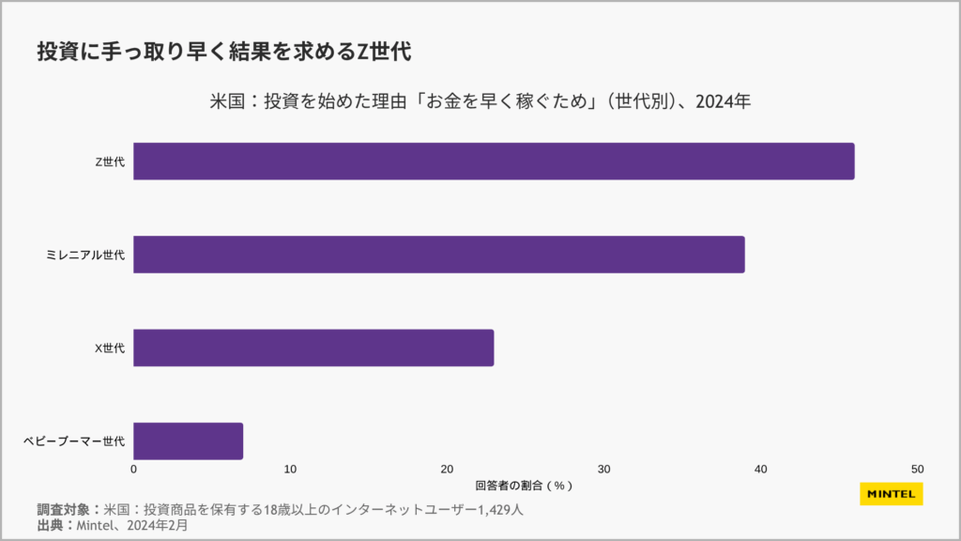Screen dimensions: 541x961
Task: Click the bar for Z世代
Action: point(494,161)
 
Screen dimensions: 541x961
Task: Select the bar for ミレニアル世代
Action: point(439,255)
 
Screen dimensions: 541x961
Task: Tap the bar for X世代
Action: point(313,348)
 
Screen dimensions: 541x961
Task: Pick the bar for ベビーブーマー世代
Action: point(189,441)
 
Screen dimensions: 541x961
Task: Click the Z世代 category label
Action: point(110,162)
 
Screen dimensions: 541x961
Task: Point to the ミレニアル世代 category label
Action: point(85,255)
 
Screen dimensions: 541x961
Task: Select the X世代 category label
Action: point(110,348)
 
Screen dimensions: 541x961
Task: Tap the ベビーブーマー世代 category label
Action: point(74,441)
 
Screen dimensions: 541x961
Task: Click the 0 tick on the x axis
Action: point(134,470)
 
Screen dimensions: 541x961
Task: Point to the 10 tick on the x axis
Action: point(291,470)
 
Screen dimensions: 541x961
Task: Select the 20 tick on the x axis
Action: point(448,470)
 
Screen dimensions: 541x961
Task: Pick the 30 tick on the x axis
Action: point(604,470)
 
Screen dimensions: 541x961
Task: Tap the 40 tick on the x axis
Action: point(761,470)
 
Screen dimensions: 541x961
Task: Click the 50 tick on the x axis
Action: point(918,470)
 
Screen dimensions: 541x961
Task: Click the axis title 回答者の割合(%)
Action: point(524,486)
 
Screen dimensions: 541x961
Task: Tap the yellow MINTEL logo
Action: point(892,494)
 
